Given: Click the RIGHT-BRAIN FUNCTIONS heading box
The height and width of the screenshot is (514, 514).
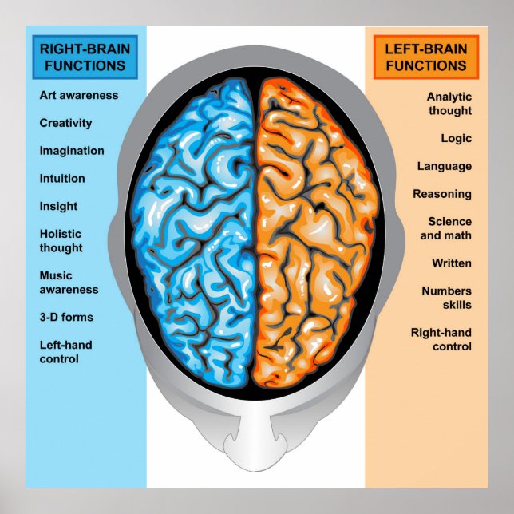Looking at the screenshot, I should pos(85,57).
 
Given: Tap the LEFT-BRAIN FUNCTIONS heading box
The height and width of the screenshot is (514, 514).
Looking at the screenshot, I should pos(426,57).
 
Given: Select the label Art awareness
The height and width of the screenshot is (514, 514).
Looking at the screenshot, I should pos(79,95).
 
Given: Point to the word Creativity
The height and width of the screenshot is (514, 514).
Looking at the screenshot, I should pos(65,123).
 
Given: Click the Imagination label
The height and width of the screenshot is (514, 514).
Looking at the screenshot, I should pos(72,151).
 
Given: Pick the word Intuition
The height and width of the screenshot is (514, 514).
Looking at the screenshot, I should pos(62,179).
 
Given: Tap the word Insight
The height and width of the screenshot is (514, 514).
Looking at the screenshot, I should pos(59,206).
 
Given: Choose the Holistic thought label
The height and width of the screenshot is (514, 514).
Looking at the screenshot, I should pos(61,241).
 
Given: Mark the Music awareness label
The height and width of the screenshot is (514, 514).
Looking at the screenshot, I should pos(69,283).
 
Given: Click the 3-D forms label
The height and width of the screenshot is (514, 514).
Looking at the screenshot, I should pos(66,317).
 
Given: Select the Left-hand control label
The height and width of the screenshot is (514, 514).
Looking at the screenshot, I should pos(66,352).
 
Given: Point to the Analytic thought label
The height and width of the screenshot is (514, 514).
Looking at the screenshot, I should pos(449,104).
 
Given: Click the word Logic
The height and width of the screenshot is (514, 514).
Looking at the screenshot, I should pos(456,138).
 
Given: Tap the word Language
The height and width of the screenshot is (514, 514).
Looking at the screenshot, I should pos(444,166).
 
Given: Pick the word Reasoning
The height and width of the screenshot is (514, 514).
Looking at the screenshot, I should pos(442,194).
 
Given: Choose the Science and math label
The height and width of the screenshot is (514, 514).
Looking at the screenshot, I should pos(446,228).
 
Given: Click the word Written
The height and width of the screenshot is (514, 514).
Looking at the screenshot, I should pos(452,263).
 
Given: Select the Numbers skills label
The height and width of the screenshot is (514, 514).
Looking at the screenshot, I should pos(446,298).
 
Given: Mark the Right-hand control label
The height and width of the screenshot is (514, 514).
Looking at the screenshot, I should pos(441,339).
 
